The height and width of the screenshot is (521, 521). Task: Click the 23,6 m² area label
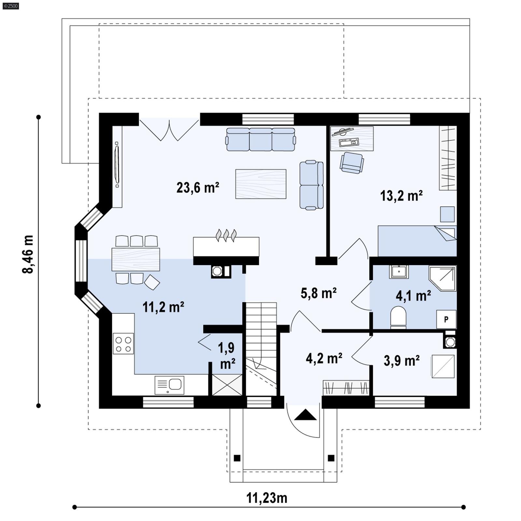coord(198,188)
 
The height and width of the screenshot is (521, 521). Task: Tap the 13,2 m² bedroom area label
coord(401,196)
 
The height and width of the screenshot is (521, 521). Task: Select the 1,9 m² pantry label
coord(227,356)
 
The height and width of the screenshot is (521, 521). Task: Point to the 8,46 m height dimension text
coord(28,254)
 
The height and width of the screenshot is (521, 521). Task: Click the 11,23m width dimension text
coord(267,498)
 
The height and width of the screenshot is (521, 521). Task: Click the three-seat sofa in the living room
coord(260,139)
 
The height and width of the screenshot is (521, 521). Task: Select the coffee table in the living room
coord(260,184)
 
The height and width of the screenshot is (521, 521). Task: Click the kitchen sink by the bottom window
coord(169,385)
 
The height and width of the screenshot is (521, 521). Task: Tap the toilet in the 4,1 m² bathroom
coord(398,316)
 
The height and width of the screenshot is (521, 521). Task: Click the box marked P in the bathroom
coord(446,319)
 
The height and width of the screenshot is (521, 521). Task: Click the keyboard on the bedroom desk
coord(349,142)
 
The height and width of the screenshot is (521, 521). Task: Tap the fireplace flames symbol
coord(226,235)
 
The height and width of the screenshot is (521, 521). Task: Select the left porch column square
coord(237,458)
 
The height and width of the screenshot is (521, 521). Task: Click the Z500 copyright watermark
coord(10,6)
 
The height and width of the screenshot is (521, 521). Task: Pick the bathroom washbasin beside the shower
coord(399,271)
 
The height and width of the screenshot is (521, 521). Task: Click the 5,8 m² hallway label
coord(318,293)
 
